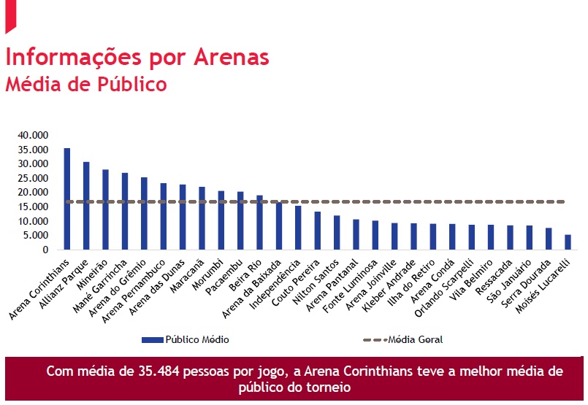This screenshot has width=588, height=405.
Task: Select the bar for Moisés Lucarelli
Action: (568, 242)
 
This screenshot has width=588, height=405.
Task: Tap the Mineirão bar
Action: (105, 209)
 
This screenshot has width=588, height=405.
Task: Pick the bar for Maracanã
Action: (202, 218)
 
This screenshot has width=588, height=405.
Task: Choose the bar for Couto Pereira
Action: (317, 231)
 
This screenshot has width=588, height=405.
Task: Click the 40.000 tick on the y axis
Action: (33, 135)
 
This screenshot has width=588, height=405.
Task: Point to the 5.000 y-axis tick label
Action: (35, 236)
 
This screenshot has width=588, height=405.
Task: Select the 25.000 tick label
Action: (33, 178)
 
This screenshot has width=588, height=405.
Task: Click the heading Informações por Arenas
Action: (137, 57)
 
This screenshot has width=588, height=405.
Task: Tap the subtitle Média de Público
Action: (86, 84)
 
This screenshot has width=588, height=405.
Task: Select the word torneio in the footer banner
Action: (328, 387)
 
